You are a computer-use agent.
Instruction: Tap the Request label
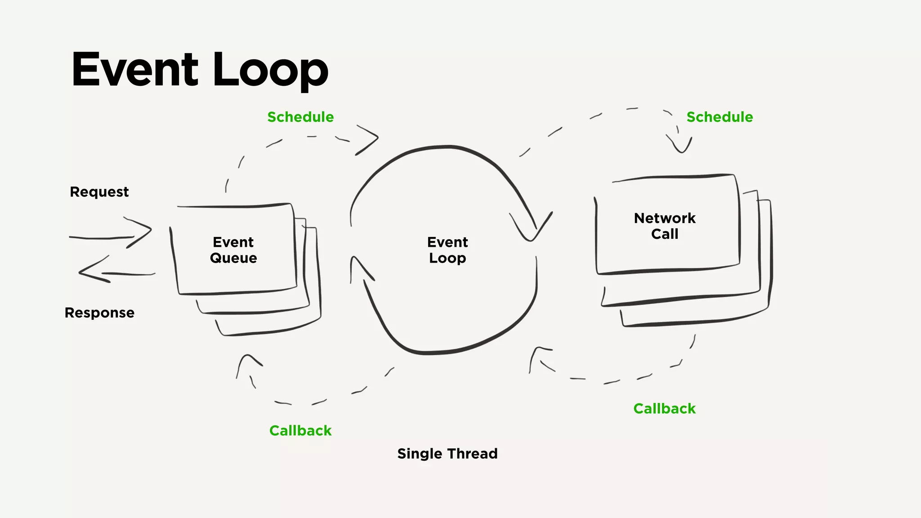click(99, 192)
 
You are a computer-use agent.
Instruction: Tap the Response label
click(99, 313)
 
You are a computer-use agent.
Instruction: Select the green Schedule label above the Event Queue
click(300, 117)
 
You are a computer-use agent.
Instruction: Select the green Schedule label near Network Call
click(720, 117)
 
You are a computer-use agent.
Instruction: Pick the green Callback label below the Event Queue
click(300, 431)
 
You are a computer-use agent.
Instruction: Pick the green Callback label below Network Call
click(664, 409)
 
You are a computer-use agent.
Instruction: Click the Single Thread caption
click(447, 454)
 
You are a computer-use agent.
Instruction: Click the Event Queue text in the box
click(233, 250)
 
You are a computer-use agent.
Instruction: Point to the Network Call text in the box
click(665, 226)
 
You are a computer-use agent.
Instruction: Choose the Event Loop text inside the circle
click(447, 250)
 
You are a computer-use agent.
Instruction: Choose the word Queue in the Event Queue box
click(233, 259)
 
